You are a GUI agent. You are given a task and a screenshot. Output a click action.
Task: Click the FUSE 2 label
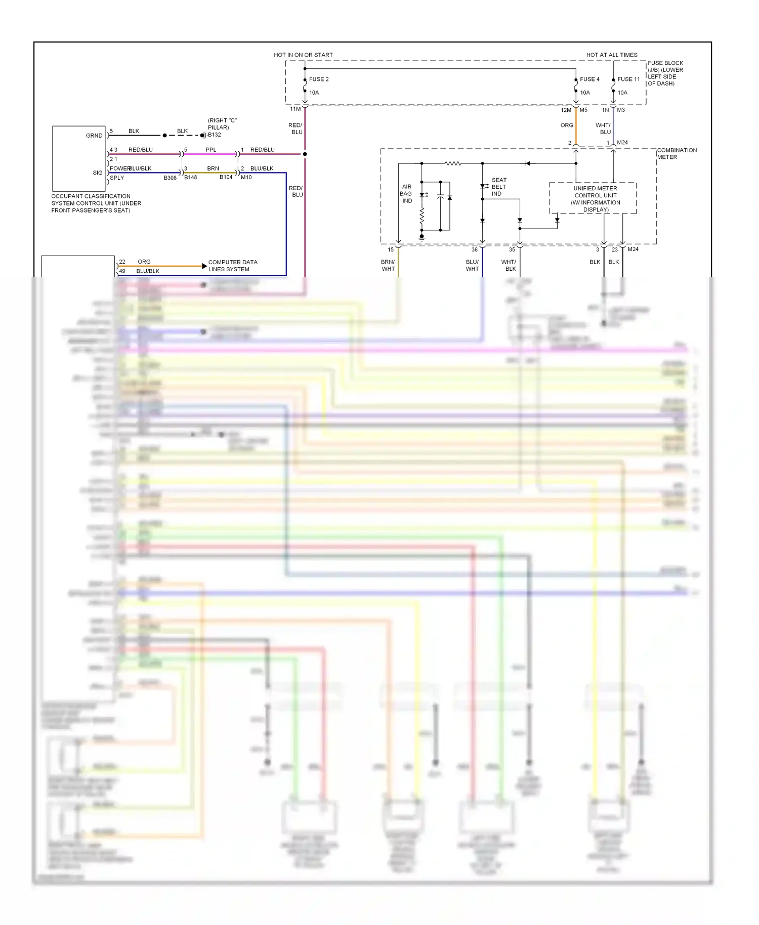coord(319,79)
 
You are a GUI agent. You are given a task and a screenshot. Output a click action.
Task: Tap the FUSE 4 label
coord(589,79)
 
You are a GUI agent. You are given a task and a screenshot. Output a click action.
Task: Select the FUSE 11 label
coord(628,79)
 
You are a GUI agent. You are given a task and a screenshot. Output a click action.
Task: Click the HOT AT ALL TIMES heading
coord(612,55)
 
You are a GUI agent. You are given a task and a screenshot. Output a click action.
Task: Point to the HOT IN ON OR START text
coord(303,55)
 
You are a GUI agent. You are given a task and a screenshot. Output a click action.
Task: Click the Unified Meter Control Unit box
coord(595,198)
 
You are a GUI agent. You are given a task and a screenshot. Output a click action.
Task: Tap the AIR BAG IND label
coord(406,194)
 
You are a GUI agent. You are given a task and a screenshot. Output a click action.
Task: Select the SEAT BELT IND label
coord(498,187)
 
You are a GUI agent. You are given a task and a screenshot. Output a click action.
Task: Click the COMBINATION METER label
coord(677,154)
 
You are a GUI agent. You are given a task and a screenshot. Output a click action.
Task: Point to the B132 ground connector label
coord(215,135)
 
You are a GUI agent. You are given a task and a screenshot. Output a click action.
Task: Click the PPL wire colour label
coord(210,150)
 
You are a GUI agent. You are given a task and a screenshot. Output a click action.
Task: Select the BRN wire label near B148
coord(213,169)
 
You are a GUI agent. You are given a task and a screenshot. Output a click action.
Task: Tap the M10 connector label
coord(246,178)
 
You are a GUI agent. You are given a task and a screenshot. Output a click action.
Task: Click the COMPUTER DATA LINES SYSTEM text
coord(233,266)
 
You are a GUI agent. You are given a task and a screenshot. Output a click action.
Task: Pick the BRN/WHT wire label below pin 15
coord(388,266)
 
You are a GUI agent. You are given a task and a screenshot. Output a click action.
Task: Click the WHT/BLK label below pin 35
coord(509,266)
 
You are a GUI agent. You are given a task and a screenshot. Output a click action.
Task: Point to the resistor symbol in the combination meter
coord(453,163)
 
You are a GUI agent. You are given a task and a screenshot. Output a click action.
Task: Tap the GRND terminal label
coord(94,136)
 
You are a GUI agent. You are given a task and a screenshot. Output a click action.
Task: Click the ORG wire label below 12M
coord(567,125)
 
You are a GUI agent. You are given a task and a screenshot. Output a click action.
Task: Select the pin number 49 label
coord(122,271)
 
